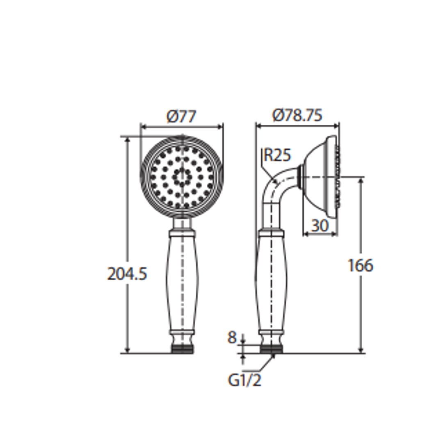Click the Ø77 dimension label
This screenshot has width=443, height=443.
click(181, 116)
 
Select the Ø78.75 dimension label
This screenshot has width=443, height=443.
click(297, 115)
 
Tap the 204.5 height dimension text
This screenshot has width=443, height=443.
click(127, 274)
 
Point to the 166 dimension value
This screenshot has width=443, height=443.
click(361, 266)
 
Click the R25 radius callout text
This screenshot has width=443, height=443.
click(277, 155)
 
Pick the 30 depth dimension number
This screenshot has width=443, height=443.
click(320, 225)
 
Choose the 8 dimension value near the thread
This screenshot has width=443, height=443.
click(232, 338)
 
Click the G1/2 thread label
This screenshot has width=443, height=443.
click(244, 380)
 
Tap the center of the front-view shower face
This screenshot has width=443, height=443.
click(182, 177)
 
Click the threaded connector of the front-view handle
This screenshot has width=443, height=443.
click(182, 349)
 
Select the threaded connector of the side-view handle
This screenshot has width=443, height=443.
click(272, 349)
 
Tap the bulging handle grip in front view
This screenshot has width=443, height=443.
click(182, 283)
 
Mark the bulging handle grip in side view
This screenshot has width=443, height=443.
click(271, 283)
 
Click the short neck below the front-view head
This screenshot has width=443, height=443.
click(182, 224)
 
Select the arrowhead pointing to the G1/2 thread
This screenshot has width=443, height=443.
click(272, 357)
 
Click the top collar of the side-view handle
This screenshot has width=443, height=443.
click(271, 234)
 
